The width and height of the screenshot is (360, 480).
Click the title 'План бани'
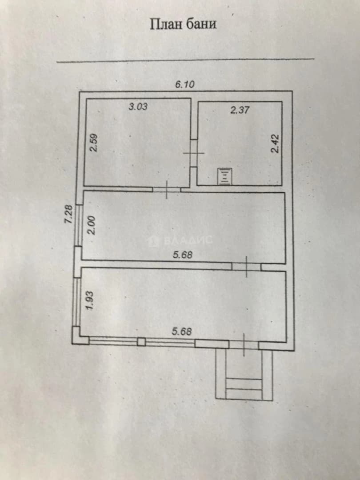coord(183,24)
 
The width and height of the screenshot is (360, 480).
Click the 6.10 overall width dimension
coord(185,84)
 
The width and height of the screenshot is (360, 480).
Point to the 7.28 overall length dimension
coord(69,214)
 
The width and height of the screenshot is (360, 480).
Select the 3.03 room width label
coord(138,107)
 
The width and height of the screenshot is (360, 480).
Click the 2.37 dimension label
coord(240,110)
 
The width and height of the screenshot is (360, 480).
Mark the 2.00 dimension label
coord(92,226)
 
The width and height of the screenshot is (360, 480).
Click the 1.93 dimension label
coord(89,300)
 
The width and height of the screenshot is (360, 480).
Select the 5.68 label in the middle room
coord(183,255)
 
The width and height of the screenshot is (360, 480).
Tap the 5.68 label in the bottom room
coord(182,332)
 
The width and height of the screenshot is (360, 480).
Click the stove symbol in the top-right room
coord(225,176)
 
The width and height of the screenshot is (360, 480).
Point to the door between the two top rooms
coord(194,153)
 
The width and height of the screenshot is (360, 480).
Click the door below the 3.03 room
coord(167,190)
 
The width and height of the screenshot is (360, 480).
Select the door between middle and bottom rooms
coord(246,267)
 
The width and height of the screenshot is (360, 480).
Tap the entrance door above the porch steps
coord(244,345)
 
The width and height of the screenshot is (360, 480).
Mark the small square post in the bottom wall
coord(141,342)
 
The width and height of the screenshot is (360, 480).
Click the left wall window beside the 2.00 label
coord(79,225)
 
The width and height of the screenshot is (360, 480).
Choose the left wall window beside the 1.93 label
coord(76,302)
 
